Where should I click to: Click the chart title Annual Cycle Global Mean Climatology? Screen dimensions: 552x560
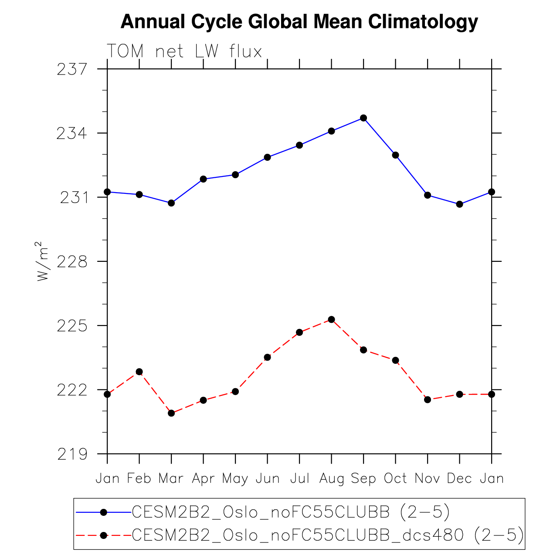pos(299,22)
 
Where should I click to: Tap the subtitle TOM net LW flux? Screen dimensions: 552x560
pos(184,51)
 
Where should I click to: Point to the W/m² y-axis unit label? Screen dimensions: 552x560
pos(42,261)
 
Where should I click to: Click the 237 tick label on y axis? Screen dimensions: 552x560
pos(71,69)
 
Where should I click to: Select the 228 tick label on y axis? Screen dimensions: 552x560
pos(71,262)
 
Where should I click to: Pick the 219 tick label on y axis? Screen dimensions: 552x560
pos(71,454)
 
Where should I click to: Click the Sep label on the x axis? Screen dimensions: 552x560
pos(363,479)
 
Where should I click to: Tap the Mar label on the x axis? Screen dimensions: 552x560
pos(171,479)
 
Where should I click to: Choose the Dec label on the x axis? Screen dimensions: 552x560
pos(459,479)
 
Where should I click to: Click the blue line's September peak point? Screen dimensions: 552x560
pos(363,118)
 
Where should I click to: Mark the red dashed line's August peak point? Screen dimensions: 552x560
pos(332,319)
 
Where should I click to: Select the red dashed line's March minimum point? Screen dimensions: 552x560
pos(171,413)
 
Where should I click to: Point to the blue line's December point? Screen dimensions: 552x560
pos(459,204)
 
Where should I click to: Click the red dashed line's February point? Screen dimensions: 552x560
pos(139,372)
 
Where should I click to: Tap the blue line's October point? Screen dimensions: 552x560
pos(396,155)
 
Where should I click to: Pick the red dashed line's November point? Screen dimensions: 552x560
pos(428,400)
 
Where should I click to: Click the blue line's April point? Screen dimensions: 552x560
pos(203,179)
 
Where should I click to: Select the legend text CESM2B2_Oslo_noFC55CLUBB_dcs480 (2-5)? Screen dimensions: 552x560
pos(327,535)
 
